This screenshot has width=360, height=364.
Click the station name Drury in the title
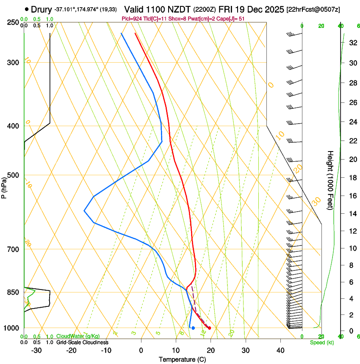tap(42, 9)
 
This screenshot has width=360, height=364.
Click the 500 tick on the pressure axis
tap(13, 175)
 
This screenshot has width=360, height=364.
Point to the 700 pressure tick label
tap(13, 249)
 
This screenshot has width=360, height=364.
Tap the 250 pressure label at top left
tap(13, 22)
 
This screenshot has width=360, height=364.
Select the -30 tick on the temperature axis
tap(36, 350)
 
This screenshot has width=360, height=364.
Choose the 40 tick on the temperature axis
tap(280, 350)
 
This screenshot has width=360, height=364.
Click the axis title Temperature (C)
tap(182, 359)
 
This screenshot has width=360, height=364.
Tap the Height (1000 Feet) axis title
tap(330, 180)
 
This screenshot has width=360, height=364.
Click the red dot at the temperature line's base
tap(209, 328)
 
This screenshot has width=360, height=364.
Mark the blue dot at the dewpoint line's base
tap(193, 328)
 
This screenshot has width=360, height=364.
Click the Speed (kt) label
tap(321, 342)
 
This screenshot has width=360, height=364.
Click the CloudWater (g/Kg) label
tap(78, 336)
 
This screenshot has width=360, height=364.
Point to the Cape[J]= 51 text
tap(232, 19)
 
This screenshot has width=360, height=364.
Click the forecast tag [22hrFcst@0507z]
tap(313, 9)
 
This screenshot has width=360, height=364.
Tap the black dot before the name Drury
tap(27, 9)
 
